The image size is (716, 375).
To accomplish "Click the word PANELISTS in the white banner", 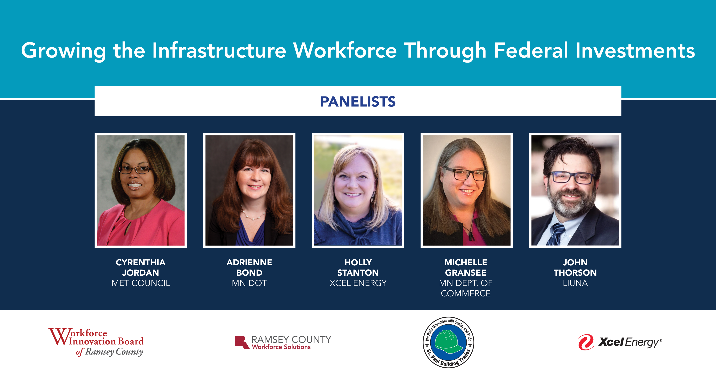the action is coord(358,102).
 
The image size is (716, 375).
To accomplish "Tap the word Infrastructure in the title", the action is coord(219,50).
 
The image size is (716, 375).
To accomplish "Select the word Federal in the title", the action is coord(531,50).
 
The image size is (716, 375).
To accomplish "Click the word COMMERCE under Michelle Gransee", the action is coord(466,293).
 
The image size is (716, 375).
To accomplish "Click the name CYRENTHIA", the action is coord(141,262).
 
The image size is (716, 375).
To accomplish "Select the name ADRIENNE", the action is coord(249,262).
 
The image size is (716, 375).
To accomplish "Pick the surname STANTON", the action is coord(358,273).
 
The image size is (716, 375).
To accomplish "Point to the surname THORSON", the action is coord(575,273).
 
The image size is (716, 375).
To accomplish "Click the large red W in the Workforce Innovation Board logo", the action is coord(59,336).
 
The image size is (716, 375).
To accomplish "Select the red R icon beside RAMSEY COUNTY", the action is coord(242,343).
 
